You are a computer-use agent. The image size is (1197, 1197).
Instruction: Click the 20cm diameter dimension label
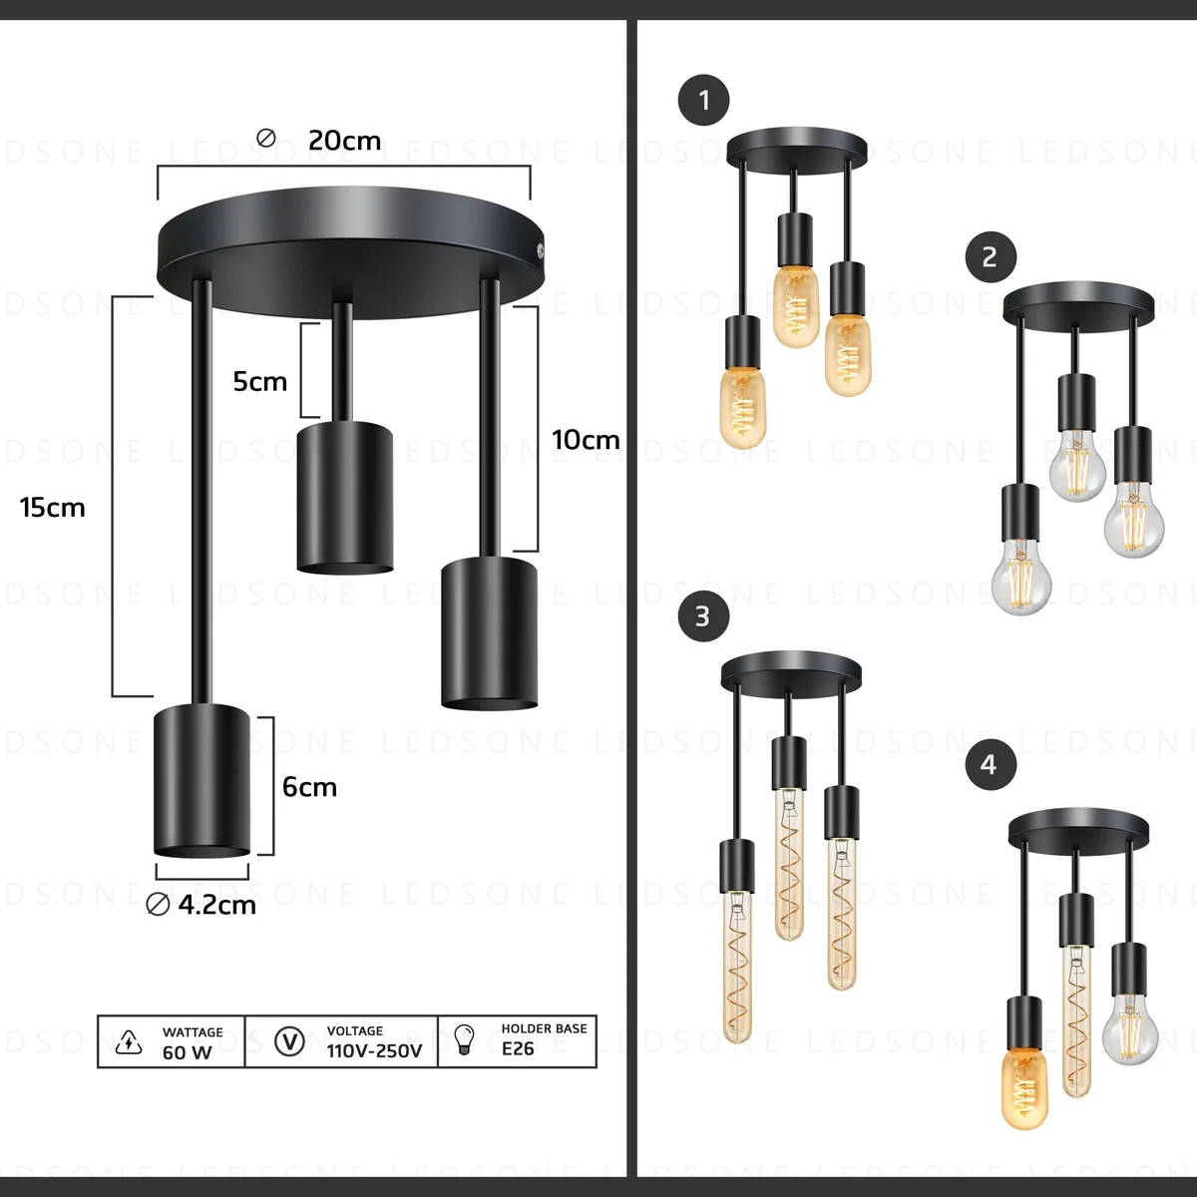(x=344, y=141)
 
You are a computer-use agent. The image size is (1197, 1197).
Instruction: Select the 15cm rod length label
(x=53, y=508)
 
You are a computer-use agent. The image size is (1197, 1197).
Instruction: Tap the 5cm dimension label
(x=259, y=381)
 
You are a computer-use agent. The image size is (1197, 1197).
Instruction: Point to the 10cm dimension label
(x=586, y=440)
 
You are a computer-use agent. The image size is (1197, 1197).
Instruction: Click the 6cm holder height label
(x=309, y=787)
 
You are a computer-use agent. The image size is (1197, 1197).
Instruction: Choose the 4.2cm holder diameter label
(x=216, y=905)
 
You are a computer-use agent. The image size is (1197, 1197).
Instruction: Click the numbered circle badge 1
(x=704, y=100)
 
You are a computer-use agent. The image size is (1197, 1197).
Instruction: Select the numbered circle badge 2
(x=990, y=256)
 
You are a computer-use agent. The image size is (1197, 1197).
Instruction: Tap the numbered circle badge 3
(x=703, y=615)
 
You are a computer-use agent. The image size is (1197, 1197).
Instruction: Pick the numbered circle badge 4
(x=989, y=764)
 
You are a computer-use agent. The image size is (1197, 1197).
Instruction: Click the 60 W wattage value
(x=188, y=1052)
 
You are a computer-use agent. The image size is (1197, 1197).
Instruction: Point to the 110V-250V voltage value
(x=374, y=1050)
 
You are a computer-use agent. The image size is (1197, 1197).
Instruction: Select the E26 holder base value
(x=518, y=1048)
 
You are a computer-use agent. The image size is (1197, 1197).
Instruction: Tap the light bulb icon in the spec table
(x=465, y=1039)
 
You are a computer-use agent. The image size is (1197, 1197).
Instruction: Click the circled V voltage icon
(x=289, y=1041)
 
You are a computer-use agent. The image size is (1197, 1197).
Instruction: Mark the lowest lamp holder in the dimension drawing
(x=200, y=780)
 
